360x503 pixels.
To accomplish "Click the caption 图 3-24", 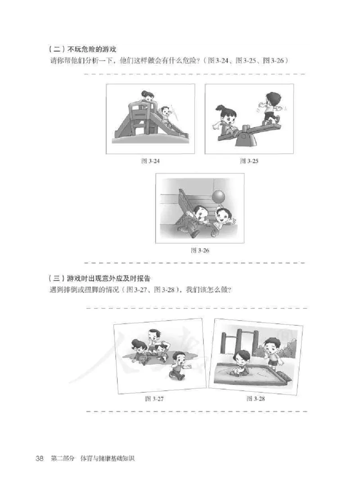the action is pos(150,161).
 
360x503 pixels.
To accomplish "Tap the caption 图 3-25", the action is pos(249,161).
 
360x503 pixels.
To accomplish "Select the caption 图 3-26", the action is pos(200,250).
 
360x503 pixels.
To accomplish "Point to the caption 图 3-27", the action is pos(154,399).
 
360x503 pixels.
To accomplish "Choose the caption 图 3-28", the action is pos(256,399).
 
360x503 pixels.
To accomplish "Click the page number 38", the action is pos(40,458).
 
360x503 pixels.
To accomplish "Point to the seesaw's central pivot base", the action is pos(246,139).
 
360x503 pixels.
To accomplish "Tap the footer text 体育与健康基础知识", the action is pos(108,458).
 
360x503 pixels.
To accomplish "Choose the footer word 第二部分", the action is pos(63,458).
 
